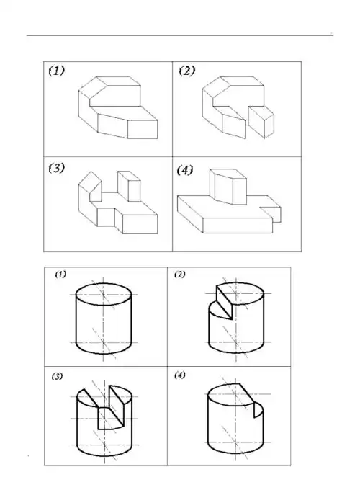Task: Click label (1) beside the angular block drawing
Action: tap(57, 71)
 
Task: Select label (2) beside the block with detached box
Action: tap(186, 71)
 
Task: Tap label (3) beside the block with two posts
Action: tap(56, 168)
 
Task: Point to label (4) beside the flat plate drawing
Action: tap(185, 170)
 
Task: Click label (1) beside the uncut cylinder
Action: tap(60, 275)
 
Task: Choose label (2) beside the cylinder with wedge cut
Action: tap(179, 275)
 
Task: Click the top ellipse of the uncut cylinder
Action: tap(104, 294)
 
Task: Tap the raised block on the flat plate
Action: tap(224, 189)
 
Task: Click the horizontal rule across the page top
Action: tap(180, 35)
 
